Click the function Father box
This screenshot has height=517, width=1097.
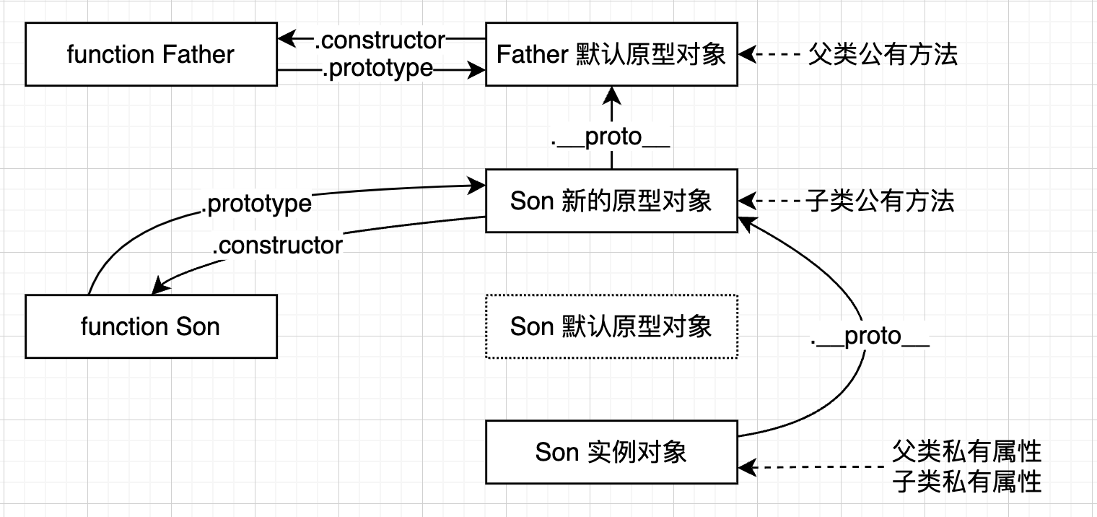[151, 54]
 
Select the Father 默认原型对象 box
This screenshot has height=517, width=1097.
[611, 54]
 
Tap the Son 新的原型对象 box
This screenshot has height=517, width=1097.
[611, 201]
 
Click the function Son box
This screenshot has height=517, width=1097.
[151, 326]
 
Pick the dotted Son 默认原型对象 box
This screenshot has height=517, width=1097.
[611, 326]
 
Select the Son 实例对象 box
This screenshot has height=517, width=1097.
[611, 452]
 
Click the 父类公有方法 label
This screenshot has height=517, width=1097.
[882, 54]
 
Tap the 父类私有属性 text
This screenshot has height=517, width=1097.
[966, 451]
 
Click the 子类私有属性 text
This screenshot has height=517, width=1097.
[966, 481]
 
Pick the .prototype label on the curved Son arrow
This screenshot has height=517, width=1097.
[256, 204]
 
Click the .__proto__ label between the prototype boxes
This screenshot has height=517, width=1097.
[611, 137]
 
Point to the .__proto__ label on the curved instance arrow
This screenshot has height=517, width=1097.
[870, 336]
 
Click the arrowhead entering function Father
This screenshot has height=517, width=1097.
[286, 38]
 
